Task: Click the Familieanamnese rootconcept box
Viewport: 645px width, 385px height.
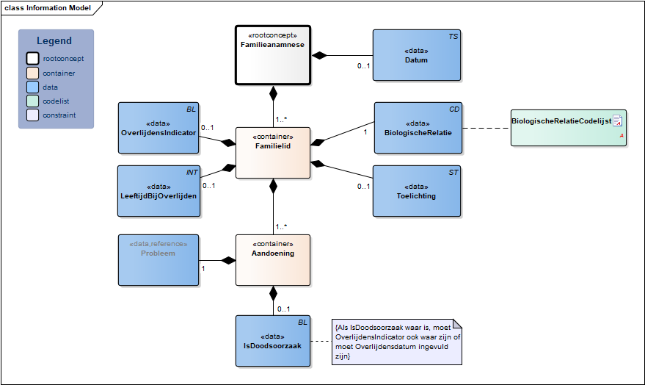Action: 273,55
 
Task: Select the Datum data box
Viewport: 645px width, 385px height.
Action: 417,55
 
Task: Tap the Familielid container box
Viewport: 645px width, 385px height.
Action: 273,153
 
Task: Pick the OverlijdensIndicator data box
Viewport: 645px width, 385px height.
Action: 158,128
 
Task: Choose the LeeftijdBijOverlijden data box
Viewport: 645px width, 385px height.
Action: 158,191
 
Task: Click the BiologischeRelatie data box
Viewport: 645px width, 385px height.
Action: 418,128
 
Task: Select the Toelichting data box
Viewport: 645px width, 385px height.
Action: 417,191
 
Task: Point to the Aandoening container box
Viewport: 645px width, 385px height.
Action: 273,260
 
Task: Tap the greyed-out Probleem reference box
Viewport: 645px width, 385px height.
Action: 158,260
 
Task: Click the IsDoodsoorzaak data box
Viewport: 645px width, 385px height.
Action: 273,341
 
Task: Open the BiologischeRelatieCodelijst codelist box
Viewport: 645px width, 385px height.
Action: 569,128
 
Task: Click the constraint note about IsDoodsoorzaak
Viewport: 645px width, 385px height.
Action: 397,342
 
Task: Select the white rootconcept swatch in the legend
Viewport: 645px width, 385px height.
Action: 32,59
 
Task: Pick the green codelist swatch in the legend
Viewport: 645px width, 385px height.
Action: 32,101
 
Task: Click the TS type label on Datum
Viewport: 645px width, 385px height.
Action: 453,37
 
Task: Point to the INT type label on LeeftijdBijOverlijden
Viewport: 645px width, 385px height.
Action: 192,173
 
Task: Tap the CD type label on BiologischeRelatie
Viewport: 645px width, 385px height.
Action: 454,109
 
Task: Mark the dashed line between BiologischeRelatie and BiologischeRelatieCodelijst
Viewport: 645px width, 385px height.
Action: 487,128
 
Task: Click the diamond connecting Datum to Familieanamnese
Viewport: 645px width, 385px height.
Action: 319,55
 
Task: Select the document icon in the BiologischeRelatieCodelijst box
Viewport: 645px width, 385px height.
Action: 617,120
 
